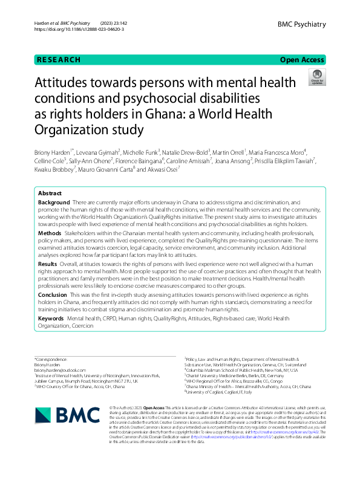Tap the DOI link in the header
[x=67, y=29]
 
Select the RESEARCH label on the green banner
[x=59, y=60]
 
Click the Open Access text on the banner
[x=303, y=60]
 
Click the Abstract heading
[x=50, y=193]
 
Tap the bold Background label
[x=53, y=201]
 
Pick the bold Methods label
[x=50, y=232]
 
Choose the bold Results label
[x=48, y=264]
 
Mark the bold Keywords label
[x=51, y=317]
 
